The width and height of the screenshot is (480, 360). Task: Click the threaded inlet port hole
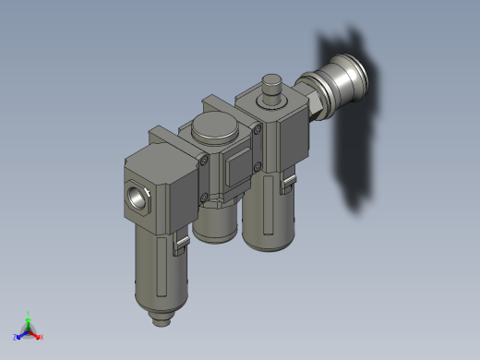pyautogui.click(x=138, y=197)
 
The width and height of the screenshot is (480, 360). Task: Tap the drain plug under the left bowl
pyautogui.click(x=162, y=318)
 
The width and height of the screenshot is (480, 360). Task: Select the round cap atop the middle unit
pyautogui.click(x=215, y=129)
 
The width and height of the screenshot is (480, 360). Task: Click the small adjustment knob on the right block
pyautogui.click(x=271, y=90)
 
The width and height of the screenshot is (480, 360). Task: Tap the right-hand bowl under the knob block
pyautogui.click(x=269, y=217)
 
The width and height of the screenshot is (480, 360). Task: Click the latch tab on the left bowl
pyautogui.click(x=182, y=244)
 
